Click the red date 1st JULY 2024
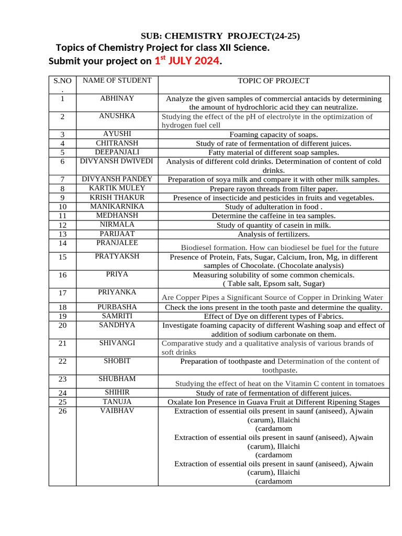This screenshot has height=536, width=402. point(187,61)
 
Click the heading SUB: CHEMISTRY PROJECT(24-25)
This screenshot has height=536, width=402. point(220,36)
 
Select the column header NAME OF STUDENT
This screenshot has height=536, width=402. point(117,81)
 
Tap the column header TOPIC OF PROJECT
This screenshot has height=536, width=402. point(273,81)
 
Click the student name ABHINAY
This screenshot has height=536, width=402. point(117,98)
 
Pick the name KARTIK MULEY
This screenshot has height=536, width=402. point(117,188)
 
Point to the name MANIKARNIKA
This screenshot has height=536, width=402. point(117,206)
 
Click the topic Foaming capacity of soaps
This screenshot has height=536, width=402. point(273,135)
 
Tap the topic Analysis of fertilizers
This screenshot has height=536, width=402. point(273,234)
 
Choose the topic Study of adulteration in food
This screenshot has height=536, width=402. point(273,207)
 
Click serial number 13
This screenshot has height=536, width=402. point(62,234)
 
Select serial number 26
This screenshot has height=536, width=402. point(62,411)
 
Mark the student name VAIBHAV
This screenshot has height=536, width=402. point(117,411)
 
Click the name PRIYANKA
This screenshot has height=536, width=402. point(117,292)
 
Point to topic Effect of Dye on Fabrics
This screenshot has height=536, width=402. point(273,316)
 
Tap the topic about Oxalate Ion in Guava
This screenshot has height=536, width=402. point(273,402)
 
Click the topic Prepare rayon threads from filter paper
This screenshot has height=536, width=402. point(273,188)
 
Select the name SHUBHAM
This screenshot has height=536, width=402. point(117,378)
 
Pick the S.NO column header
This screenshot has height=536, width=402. point(62,85)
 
